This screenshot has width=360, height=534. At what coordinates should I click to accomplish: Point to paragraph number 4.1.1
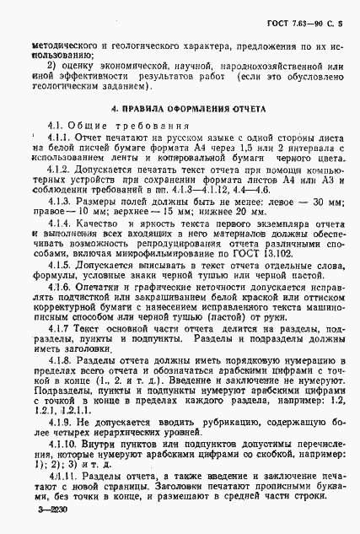click(62, 137)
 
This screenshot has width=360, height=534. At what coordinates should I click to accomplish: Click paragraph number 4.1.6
click(62, 289)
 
